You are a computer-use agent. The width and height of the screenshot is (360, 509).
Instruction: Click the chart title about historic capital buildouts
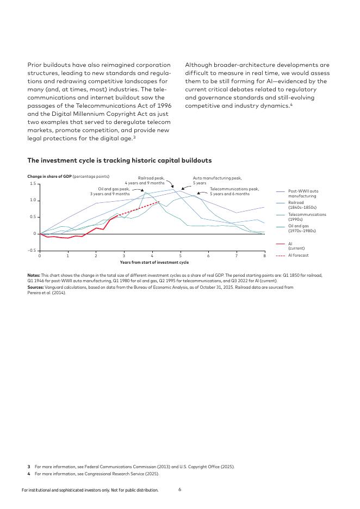(x=119, y=160)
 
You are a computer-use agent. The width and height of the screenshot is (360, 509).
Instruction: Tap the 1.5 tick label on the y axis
(x=33, y=184)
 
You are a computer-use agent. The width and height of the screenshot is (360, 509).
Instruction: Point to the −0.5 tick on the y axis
(x=32, y=250)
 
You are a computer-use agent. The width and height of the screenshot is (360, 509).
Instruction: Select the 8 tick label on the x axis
(x=264, y=255)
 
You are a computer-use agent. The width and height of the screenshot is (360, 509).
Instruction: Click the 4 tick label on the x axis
(x=152, y=255)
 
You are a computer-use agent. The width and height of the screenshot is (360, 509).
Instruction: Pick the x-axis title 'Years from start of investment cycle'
(x=154, y=262)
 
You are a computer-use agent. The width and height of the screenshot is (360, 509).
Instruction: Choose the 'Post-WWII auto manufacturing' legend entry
(x=303, y=193)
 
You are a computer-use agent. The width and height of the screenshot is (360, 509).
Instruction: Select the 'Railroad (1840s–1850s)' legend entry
(x=302, y=204)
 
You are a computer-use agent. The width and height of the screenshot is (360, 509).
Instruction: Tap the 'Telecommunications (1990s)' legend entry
(x=307, y=216)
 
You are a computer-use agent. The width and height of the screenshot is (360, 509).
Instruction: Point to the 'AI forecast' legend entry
(x=298, y=255)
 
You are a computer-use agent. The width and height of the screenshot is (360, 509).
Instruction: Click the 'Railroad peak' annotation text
(x=151, y=180)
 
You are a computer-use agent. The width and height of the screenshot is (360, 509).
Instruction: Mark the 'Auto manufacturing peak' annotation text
(x=217, y=180)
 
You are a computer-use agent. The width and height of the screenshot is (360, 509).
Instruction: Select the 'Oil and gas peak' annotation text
(x=110, y=191)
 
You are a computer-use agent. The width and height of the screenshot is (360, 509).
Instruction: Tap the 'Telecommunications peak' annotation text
(x=234, y=191)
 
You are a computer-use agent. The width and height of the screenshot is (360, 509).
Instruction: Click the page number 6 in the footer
(x=179, y=489)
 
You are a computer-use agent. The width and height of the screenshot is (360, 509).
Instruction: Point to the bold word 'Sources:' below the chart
(x=35, y=287)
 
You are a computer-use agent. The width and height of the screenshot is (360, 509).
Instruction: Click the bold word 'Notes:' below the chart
(x=33, y=275)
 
